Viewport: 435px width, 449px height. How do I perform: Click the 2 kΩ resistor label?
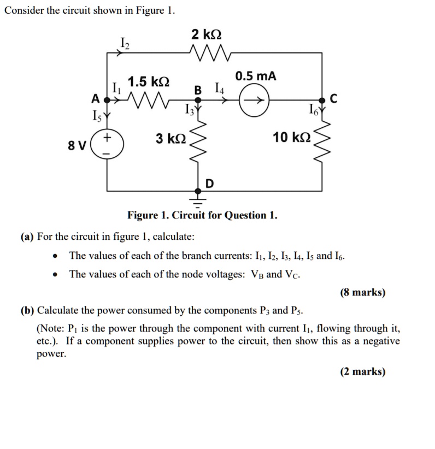coord(206,35)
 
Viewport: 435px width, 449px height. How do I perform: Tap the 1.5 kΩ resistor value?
coord(148,82)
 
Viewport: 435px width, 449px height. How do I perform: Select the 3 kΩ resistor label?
coord(171,138)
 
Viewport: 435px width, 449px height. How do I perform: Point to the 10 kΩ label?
coord(292,138)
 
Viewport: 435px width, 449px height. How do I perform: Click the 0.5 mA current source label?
coord(256,76)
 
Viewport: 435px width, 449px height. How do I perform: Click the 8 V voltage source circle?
coord(107,144)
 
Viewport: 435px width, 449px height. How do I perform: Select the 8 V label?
coord(77,145)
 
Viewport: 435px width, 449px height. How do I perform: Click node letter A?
coord(95,99)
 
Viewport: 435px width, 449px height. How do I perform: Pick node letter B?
coord(198,90)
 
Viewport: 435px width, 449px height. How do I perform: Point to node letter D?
coord(209,184)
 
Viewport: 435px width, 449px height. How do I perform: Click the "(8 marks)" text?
coord(362,292)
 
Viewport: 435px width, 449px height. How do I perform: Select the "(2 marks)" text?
coord(362,371)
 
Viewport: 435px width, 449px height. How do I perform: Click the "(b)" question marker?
coord(27,311)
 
